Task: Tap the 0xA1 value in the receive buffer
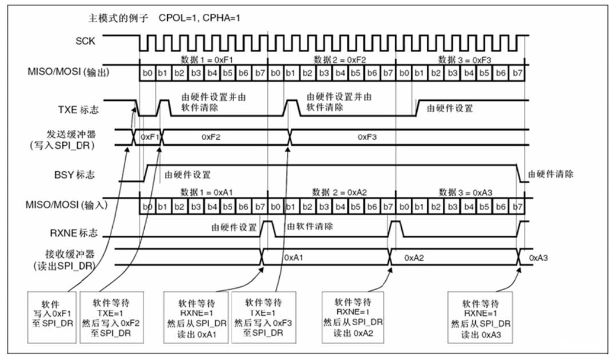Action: [293, 258]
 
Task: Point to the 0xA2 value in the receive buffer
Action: [414, 258]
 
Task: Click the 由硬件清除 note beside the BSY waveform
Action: [550, 173]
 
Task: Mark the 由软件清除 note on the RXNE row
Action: [310, 226]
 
